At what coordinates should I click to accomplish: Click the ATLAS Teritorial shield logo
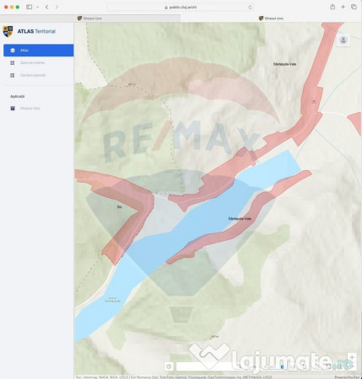[8, 31]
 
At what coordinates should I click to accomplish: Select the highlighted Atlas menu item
[37, 51]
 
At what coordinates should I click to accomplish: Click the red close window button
[5, 7]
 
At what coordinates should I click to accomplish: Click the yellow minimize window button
[11, 7]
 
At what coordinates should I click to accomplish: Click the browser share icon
[332, 7]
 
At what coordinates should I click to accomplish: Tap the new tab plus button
[343, 7]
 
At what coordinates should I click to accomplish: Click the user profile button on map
[343, 40]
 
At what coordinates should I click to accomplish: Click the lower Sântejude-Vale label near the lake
[240, 218]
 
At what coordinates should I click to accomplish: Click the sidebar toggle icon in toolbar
[30, 7]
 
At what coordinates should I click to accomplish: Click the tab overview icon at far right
[354, 7]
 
